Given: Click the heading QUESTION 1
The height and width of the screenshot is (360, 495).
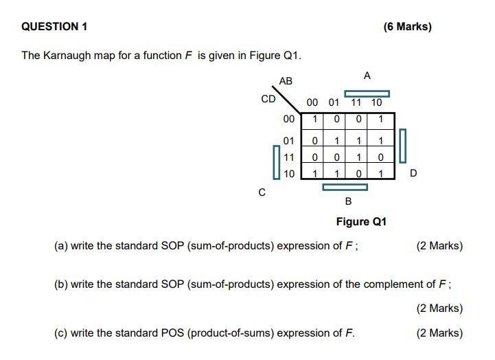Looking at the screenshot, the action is [54, 27].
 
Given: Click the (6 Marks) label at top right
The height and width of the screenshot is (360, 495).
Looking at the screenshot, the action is [407, 27].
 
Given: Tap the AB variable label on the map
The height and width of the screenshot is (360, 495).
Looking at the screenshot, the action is [286, 81].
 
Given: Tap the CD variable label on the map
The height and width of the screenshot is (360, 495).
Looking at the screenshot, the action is [268, 99].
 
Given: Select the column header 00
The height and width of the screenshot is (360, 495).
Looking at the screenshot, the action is [312, 102].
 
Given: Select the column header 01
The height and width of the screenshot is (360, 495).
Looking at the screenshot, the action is [334, 102].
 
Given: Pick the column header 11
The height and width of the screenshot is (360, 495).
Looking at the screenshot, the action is [356, 102].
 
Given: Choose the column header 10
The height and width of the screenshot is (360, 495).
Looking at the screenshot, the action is [376, 102].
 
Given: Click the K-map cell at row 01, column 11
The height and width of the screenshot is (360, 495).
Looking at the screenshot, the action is [358, 141].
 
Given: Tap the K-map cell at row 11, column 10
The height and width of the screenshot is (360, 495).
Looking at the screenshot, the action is [380, 157].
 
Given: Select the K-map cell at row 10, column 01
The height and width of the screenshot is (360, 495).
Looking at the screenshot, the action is [336, 173].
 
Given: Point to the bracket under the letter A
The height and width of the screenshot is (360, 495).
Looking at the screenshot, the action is [367, 93].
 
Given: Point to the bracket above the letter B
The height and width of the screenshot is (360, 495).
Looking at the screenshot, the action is [345, 187].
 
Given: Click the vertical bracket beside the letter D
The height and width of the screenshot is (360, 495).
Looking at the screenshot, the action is [403, 146].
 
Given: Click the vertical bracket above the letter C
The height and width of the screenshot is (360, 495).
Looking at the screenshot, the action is [275, 162].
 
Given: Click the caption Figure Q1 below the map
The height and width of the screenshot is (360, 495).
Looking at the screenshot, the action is [361, 222].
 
